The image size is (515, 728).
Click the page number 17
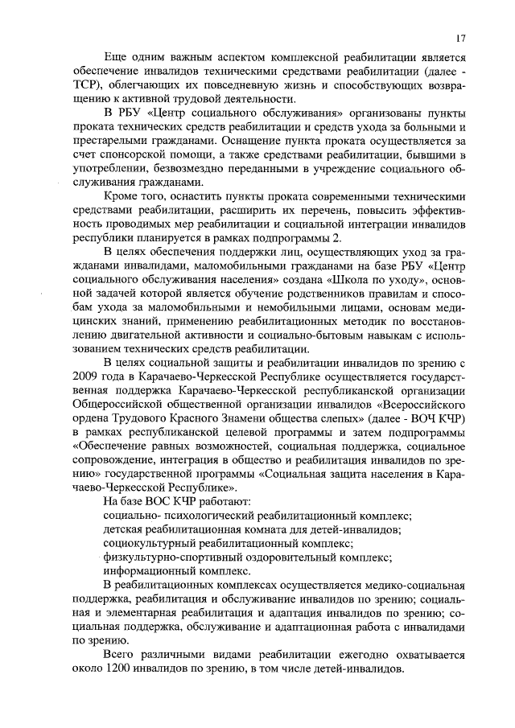[x=460, y=38]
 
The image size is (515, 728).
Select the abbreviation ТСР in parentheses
[x=86, y=91]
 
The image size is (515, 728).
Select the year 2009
[x=88, y=377]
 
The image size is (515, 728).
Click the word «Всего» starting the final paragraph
[x=121, y=656]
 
